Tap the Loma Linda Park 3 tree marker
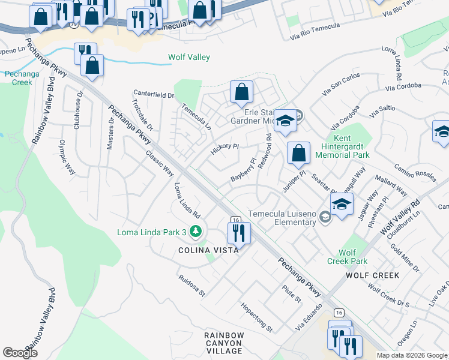[195, 231]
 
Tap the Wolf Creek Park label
[347, 257]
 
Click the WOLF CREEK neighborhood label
[372, 275]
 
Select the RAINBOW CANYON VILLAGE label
[223, 343]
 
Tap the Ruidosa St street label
[191, 286]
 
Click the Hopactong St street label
[257, 317]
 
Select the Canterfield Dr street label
[153, 94]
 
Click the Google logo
[20, 352]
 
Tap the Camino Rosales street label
[414, 173]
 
